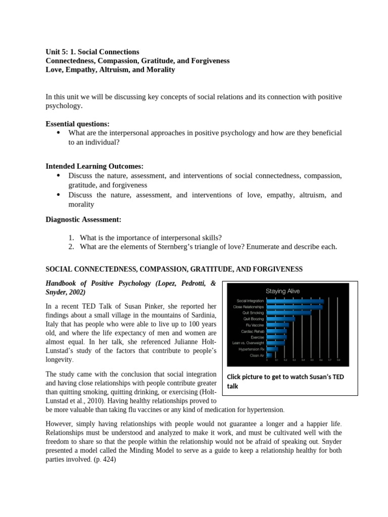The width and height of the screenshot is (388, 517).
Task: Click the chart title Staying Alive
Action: [x=282, y=291]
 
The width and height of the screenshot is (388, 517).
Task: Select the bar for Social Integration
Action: [x=295, y=301]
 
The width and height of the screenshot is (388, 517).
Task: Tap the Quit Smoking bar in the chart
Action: [x=288, y=313]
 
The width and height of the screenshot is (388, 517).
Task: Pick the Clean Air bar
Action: [x=269, y=355]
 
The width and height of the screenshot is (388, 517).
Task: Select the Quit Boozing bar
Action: [x=280, y=319]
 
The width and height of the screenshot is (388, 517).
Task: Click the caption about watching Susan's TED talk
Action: [x=285, y=381]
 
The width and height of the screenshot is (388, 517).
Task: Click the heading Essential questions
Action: [x=77, y=124]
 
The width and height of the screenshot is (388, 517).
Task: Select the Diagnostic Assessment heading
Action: [x=83, y=219]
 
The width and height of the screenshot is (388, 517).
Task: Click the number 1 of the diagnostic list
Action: [x=71, y=237]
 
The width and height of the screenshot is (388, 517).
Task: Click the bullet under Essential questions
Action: [x=58, y=133]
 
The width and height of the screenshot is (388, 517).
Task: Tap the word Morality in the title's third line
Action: [x=160, y=70]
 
